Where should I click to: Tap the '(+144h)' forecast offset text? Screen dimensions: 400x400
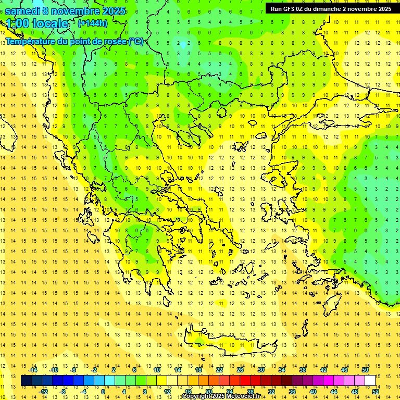point(92,23)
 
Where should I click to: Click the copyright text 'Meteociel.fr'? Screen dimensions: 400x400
point(243,396)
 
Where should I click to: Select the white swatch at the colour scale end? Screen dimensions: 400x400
point(370,381)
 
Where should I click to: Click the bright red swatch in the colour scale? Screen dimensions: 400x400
point(245,381)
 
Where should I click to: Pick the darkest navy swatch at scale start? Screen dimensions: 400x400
point(26,381)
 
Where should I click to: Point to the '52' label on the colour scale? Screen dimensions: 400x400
point(376,392)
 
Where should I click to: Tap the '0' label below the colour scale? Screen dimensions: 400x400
point(103,392)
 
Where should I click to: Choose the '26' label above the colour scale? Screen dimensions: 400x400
point(240,370)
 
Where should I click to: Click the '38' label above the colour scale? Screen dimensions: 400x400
point(303,370)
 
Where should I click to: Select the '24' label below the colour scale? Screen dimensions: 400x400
point(230,392)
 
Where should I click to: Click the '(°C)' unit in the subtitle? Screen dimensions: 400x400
point(136,41)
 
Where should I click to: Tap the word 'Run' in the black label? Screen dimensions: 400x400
point(277,9)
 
